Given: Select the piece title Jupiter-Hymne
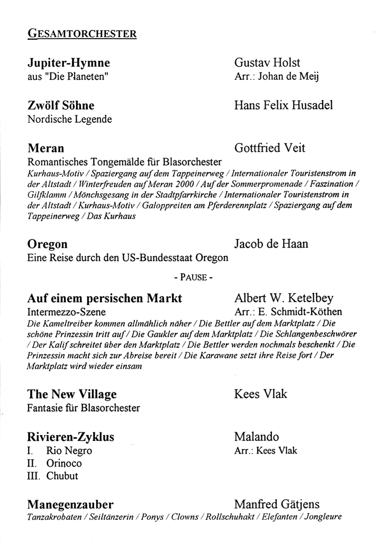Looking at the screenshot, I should [69, 63].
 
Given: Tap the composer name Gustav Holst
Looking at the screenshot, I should [268, 63].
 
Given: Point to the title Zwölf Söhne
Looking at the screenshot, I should [61, 105].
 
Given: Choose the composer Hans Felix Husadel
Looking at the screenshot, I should [283, 105].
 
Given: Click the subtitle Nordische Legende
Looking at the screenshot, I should [69, 119].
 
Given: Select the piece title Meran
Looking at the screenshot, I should [46, 148].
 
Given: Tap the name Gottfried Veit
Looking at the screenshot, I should [269, 148].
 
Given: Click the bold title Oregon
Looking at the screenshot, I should [48, 244].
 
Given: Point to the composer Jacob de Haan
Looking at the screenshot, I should [271, 244].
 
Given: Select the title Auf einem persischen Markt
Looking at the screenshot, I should [105, 298].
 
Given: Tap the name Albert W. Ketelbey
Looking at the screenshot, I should [284, 298].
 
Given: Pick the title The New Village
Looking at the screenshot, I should [72, 394].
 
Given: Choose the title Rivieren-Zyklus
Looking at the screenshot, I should [71, 437].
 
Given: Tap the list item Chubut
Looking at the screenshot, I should [62, 476].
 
